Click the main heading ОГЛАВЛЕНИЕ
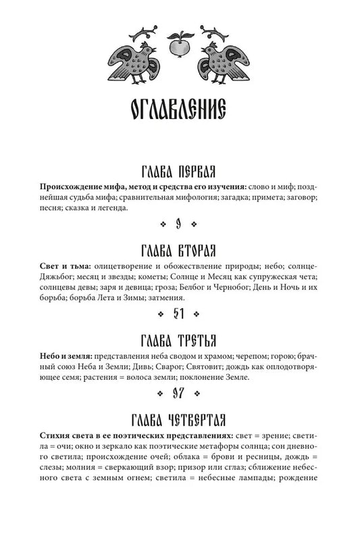tap(180, 112)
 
